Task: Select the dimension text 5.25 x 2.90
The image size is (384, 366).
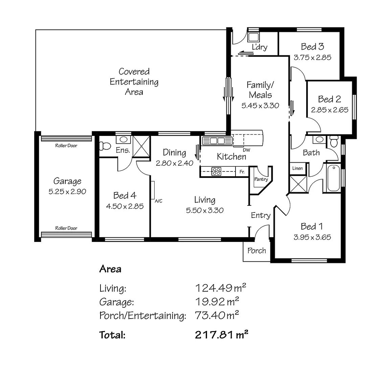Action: [x=67, y=191]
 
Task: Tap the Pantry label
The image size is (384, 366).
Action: [x=261, y=179]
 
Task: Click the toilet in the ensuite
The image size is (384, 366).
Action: [x=105, y=146]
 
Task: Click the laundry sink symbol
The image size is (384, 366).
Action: [x=253, y=37]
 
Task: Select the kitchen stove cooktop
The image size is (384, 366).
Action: [x=216, y=171]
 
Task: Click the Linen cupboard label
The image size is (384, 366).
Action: [x=297, y=168]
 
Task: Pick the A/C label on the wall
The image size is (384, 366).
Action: [x=158, y=201]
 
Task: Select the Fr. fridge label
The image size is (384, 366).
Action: [x=242, y=172]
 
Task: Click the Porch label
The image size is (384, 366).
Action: [x=256, y=251]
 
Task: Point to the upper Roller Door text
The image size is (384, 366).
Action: [x=66, y=146]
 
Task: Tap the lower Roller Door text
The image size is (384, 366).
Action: [x=66, y=228]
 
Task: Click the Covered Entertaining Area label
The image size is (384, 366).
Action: [x=134, y=82]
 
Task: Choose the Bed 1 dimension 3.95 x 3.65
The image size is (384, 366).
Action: [x=312, y=237]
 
